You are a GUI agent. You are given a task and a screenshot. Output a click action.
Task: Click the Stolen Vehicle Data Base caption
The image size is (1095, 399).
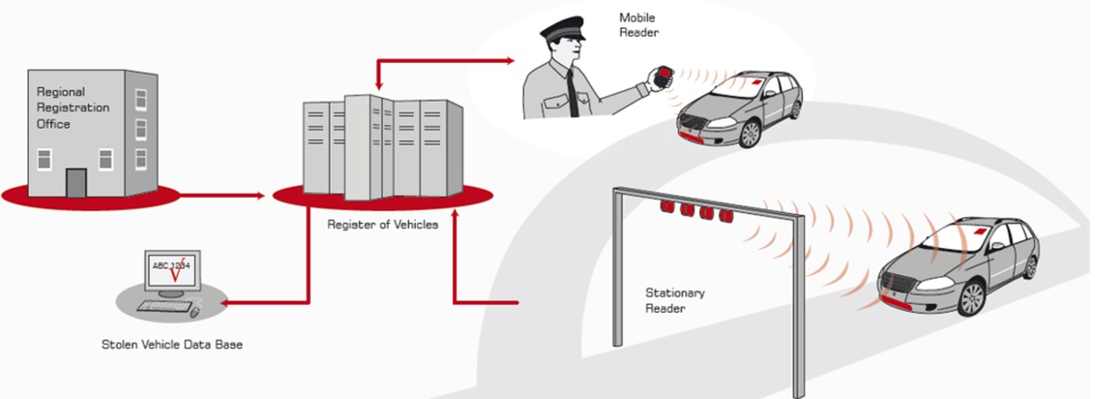click(171, 344)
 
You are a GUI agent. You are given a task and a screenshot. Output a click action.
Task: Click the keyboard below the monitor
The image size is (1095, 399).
click(163, 306)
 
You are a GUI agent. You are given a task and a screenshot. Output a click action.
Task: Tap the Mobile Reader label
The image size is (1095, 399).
click(639, 24)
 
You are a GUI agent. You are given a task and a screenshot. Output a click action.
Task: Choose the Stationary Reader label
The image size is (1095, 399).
click(675, 300)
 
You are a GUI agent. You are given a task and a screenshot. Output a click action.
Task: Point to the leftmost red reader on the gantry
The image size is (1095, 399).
click(666, 207)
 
